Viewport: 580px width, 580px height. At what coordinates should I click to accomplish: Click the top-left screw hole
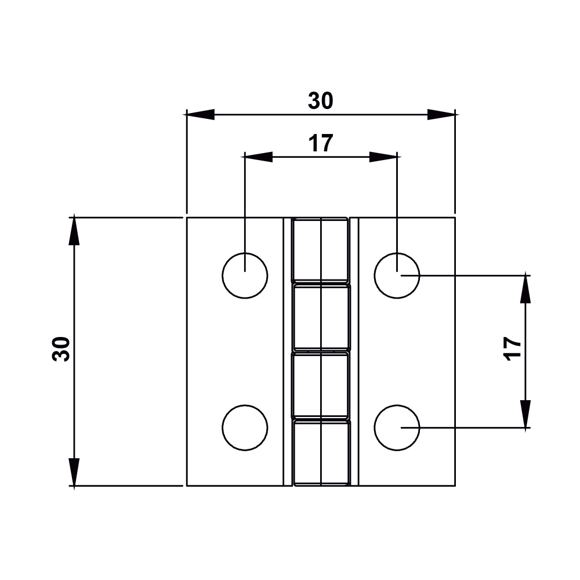[x=245, y=275]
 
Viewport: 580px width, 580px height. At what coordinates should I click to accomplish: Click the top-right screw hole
[x=397, y=275]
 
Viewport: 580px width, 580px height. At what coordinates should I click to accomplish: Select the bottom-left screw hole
[x=245, y=428]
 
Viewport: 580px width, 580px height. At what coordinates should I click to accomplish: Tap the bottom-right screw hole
[x=397, y=428]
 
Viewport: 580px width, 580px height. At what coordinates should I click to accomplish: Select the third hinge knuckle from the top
[x=321, y=384]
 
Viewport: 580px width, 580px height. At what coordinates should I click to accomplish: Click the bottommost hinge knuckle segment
[x=321, y=452]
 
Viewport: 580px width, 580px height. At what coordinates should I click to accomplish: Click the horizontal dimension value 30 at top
[x=321, y=101]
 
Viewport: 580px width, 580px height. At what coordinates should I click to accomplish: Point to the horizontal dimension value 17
[x=321, y=143]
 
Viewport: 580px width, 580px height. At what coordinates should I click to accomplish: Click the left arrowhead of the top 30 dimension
[x=200, y=114]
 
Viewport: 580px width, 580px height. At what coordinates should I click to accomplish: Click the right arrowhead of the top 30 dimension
[x=441, y=114]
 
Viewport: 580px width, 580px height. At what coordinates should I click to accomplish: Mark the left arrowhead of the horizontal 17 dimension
[x=258, y=157]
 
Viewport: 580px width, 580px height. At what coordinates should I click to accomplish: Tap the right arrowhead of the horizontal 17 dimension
[x=383, y=157]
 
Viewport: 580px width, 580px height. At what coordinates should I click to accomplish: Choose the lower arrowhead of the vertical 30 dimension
[x=74, y=472]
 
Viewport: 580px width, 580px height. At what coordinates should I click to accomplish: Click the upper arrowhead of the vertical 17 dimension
[x=525, y=289]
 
